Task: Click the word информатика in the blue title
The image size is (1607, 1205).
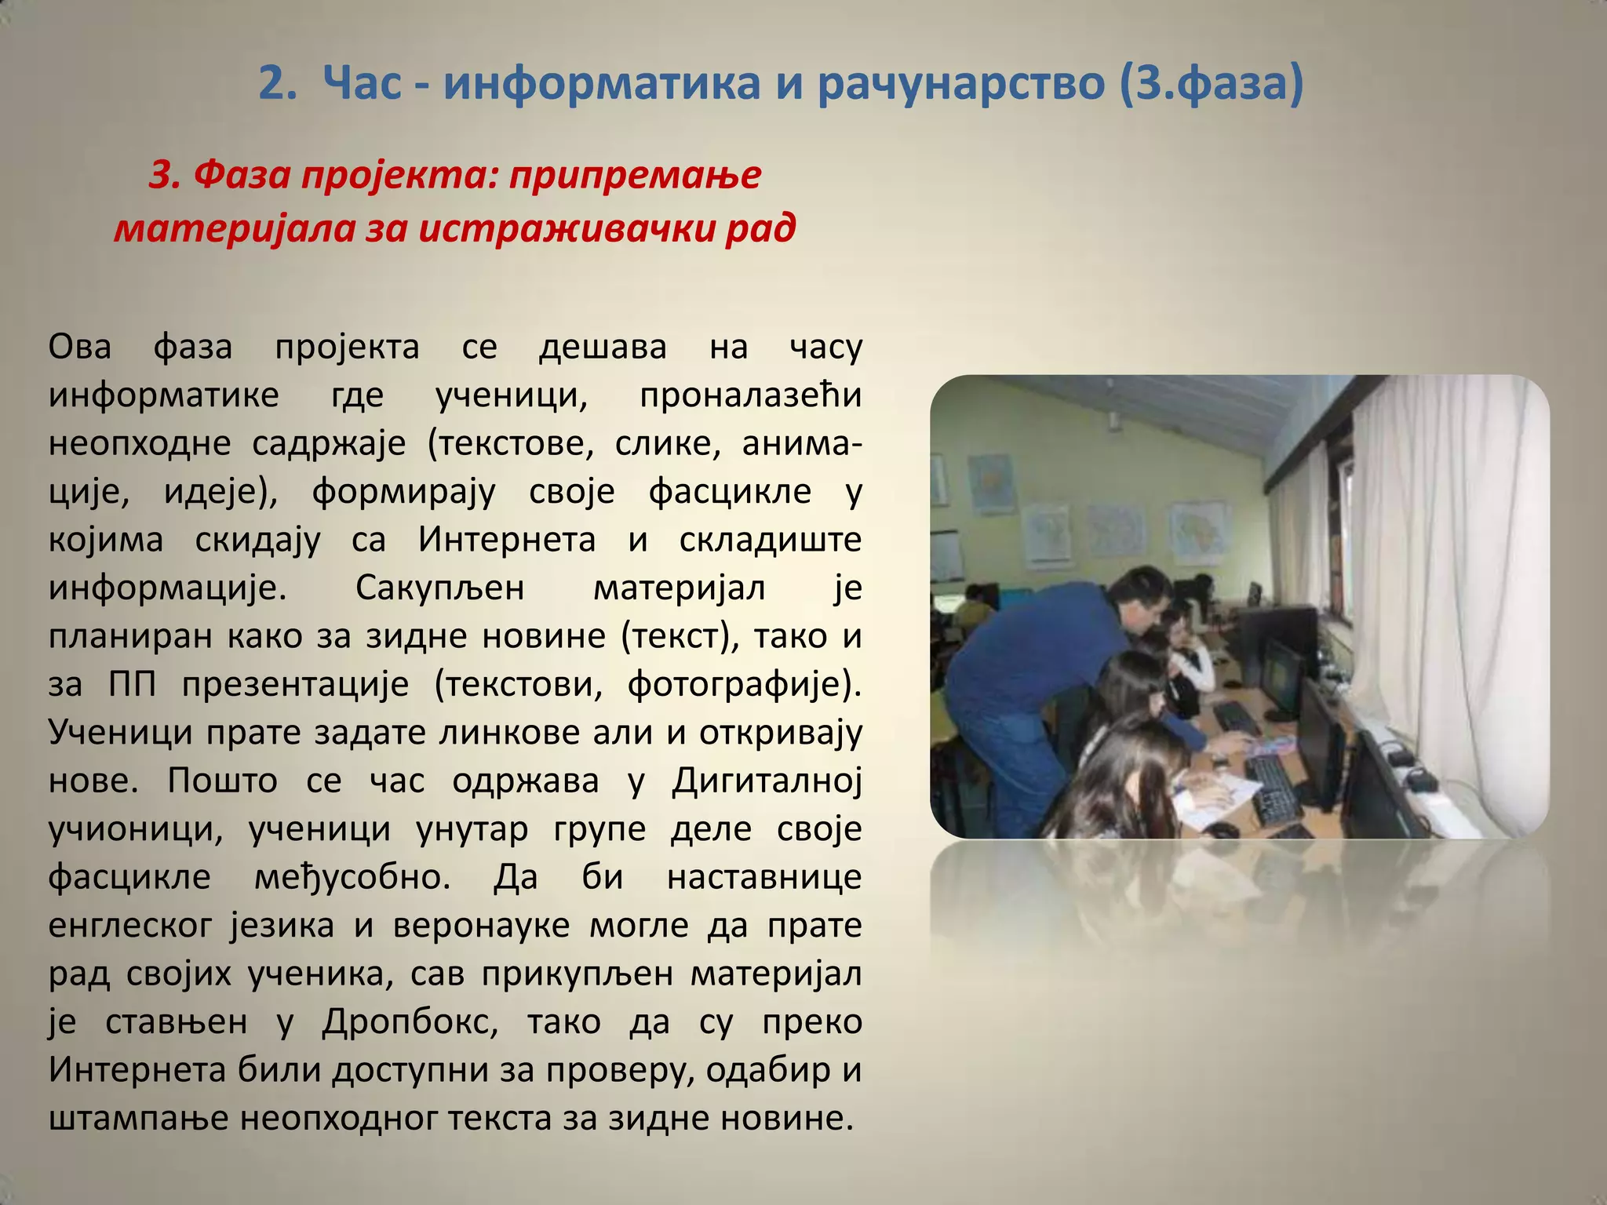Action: [602, 83]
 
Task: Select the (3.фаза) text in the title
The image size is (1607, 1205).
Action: [1208, 83]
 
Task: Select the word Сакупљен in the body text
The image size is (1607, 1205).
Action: [439, 588]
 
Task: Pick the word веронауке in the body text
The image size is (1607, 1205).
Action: [481, 926]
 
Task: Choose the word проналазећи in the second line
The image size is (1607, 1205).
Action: [750, 395]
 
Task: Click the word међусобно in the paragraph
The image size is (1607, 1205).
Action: [352, 877]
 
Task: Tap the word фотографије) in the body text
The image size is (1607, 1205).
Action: [744, 684]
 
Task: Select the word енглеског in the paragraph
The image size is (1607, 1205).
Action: [130, 926]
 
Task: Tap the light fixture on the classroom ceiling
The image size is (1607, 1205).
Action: [1113, 423]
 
